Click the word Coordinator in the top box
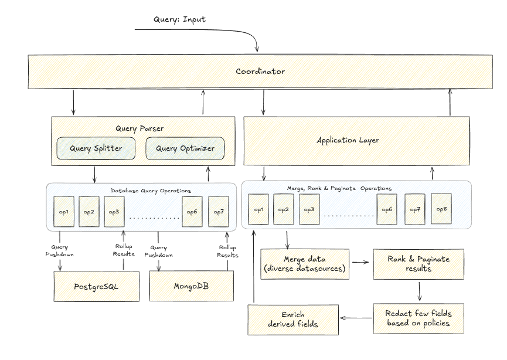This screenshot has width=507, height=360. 260,72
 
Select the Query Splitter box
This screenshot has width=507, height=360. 96,148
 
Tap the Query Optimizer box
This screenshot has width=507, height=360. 185,148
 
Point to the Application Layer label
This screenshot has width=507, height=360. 348,140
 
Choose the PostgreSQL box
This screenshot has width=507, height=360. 97,287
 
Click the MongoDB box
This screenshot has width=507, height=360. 192,287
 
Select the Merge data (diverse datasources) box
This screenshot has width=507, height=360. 304,264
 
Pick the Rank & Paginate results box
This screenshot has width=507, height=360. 418,264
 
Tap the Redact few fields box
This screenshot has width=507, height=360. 418,318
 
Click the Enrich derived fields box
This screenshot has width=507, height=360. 293,320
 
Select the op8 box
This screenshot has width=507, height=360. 441,209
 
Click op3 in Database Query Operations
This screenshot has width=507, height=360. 114,211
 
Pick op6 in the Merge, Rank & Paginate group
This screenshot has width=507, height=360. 386,209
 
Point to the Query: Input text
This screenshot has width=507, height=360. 179,20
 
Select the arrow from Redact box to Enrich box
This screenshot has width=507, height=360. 356,319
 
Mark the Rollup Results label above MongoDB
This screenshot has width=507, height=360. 227,251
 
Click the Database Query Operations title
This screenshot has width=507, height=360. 151,191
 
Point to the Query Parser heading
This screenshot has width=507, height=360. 139,128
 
